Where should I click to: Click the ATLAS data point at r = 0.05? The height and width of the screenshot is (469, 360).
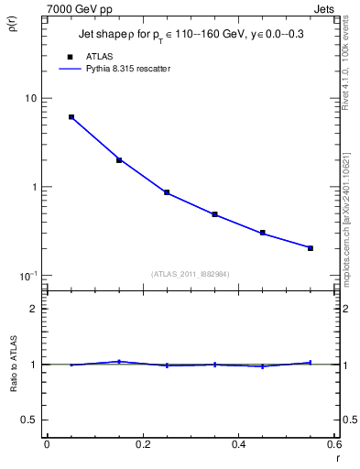tap(71, 117)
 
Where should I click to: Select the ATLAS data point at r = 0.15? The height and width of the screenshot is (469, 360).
tap(119, 160)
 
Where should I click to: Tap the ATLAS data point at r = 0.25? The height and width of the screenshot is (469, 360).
tap(167, 192)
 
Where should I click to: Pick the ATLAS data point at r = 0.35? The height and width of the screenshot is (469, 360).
tap(214, 214)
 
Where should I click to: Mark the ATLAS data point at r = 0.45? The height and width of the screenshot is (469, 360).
tap(263, 233)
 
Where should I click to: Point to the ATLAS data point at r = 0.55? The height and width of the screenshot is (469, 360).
tap(311, 248)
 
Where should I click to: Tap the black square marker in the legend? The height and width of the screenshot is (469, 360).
tap(70, 57)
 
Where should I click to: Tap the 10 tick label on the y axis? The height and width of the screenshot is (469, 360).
tap(30, 99)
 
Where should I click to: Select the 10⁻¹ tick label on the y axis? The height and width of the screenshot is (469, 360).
tap(28, 276)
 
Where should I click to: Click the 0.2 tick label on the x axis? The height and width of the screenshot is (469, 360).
tap(142, 444)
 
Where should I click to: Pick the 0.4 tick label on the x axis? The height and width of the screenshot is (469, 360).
tap(238, 444)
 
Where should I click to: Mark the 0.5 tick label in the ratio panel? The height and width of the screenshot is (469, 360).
tap(30, 420)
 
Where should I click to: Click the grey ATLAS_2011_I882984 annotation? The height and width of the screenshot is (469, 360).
tap(191, 274)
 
